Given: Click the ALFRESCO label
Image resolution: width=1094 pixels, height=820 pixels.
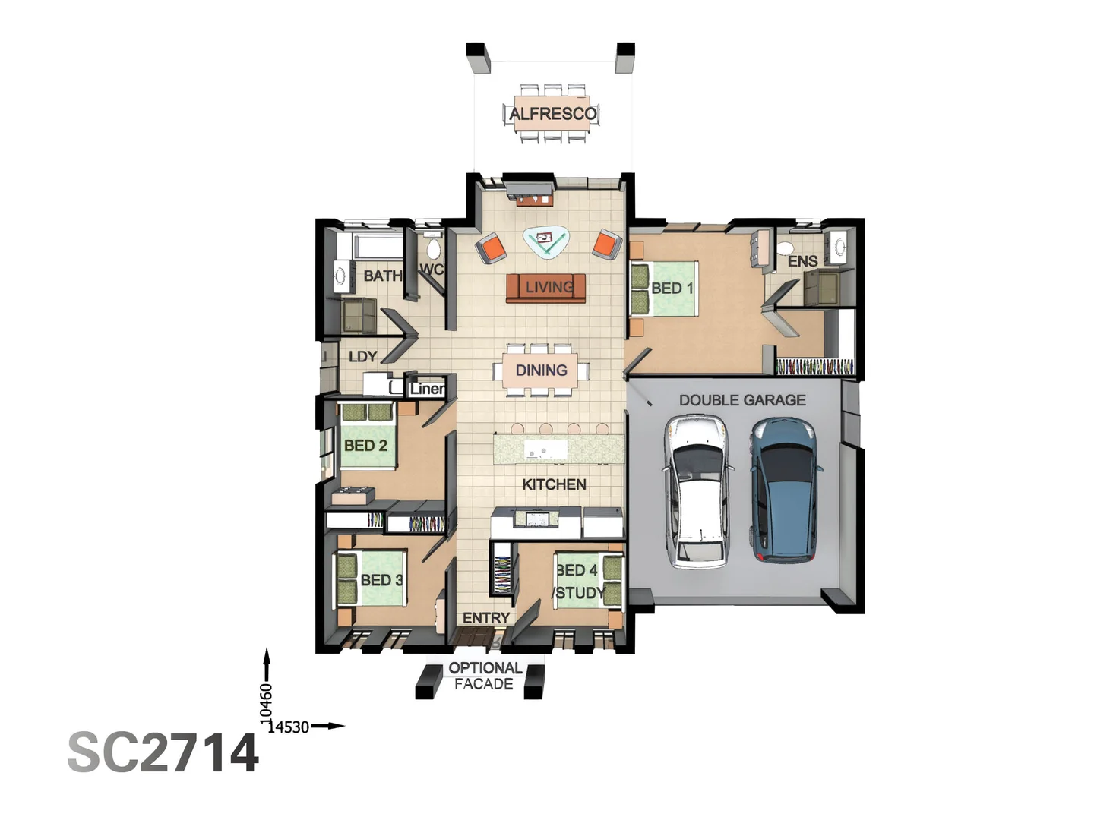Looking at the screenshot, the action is pos(553,114).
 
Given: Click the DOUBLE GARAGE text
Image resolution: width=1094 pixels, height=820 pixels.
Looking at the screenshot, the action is pos(742,400).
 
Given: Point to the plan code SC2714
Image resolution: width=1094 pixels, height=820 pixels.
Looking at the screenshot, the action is pos(163,752).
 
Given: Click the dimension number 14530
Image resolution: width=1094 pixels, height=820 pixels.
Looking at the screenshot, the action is pos(288,727).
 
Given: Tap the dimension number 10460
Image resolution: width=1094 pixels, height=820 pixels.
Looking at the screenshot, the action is pos(266,700).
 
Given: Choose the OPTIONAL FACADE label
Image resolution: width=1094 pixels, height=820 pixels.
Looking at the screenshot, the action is pos(485,676).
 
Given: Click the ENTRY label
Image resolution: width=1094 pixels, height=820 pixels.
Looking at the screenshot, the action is pos(486,618).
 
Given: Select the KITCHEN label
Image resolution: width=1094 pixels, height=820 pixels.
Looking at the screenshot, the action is pos(555,484).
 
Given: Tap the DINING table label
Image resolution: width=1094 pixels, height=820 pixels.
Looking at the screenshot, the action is pos(541,370).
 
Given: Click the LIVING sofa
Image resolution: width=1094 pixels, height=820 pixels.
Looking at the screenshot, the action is pos(545,288).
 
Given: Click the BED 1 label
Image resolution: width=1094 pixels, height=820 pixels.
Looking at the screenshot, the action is pos(672,289).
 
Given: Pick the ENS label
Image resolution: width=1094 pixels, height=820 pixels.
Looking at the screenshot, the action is pos(802,261).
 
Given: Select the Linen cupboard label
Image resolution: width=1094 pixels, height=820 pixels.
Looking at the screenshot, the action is pos(427,389).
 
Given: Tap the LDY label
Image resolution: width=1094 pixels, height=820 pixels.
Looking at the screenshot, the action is pos(363,357).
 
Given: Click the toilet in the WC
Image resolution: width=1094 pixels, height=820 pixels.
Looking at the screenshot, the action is pos(434,247).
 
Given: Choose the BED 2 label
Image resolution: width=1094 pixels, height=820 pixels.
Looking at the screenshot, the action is pos(366,445).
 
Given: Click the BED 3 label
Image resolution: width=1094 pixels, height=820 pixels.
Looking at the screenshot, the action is pos(381,580).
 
